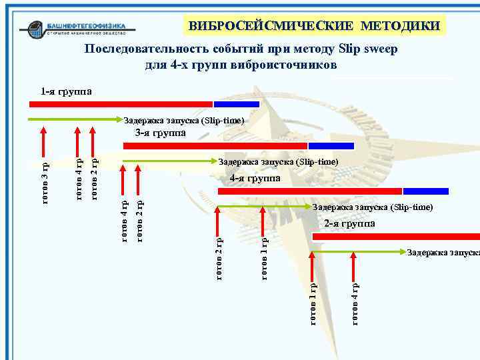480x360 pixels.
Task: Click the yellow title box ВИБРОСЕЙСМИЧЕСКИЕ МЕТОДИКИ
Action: point(314,26)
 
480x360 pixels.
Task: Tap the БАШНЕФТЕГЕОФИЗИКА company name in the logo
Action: point(91,26)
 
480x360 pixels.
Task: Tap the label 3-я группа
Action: point(160,133)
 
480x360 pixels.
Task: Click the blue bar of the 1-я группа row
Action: point(236,104)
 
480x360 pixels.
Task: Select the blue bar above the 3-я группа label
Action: point(331,145)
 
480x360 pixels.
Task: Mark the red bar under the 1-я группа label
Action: point(121,104)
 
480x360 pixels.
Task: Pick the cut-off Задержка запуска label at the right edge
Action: point(443,253)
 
